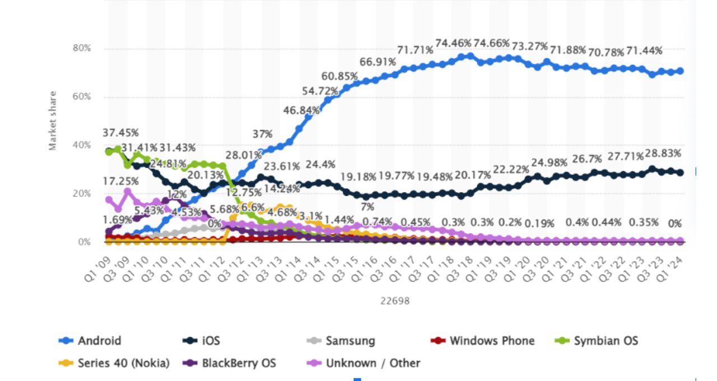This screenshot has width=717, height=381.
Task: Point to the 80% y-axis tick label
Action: pos(82,49)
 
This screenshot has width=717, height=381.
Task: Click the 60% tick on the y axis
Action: pos(82,97)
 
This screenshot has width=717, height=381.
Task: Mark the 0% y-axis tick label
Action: pos(84,242)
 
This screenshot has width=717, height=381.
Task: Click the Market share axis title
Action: pos(53,120)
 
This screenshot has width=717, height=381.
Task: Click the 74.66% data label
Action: pos(491,43)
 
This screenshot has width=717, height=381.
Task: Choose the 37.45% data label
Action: pos(120,133)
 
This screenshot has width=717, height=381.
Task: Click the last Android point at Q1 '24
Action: pos(680,71)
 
